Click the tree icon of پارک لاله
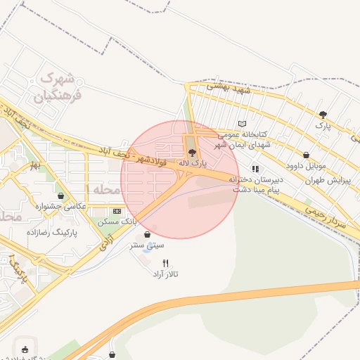point(191,152)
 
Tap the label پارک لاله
point(193,163)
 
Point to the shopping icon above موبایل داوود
point(306,155)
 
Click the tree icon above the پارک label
point(323,114)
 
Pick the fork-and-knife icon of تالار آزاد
point(166,262)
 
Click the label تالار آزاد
point(167,273)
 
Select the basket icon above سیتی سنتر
point(146,235)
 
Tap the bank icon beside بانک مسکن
point(117,211)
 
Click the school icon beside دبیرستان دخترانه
point(255,169)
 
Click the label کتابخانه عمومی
point(243,134)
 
